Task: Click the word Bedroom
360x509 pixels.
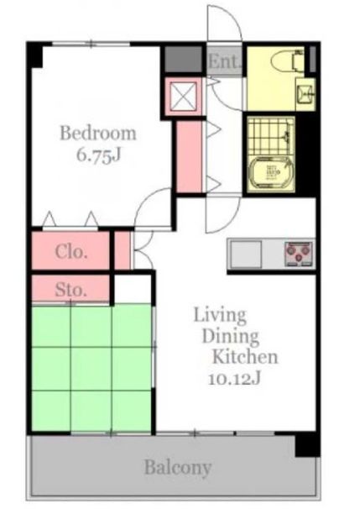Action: [x=98, y=134]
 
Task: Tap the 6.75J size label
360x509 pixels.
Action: [x=98, y=155]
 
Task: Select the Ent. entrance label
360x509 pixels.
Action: [x=224, y=61]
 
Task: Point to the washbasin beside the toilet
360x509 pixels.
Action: [x=305, y=94]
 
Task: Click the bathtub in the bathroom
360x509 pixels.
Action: [x=271, y=173]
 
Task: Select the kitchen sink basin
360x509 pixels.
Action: [x=246, y=254]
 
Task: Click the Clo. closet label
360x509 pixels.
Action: [x=71, y=251]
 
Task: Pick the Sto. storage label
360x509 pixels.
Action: [x=70, y=289]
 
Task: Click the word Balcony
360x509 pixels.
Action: [x=178, y=468]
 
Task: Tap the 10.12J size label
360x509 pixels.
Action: [x=234, y=379]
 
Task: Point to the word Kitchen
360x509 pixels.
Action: [x=245, y=356]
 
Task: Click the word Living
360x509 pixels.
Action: [x=220, y=316]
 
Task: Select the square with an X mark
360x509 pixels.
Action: [x=184, y=96]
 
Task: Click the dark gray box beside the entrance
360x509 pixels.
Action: [x=183, y=59]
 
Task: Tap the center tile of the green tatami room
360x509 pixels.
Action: [x=91, y=369]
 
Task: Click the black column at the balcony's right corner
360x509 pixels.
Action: [x=307, y=444]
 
